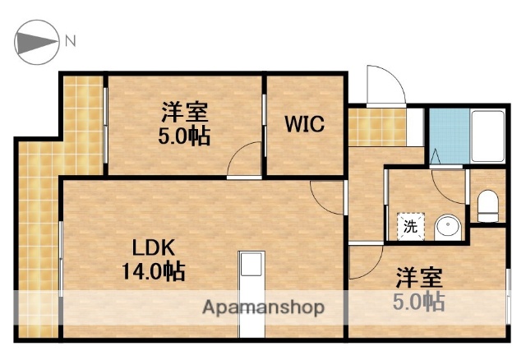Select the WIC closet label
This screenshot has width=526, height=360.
click(x=305, y=124)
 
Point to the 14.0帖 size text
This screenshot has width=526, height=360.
click(x=154, y=270)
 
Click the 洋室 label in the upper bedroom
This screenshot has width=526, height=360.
click(x=183, y=111)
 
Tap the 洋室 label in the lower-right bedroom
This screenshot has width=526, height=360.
click(x=418, y=277)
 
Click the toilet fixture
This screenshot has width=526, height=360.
click(x=488, y=205)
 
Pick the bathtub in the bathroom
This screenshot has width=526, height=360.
click(x=490, y=136)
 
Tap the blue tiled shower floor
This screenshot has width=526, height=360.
click(x=448, y=135)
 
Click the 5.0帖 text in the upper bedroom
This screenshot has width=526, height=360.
click(x=184, y=136)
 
